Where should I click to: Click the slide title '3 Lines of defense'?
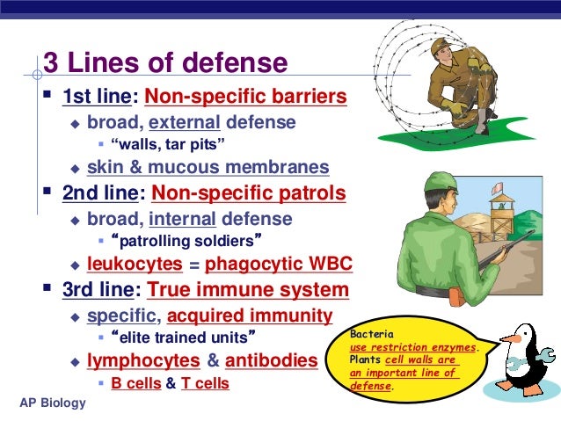click(165, 64)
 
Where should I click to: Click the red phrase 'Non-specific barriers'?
click(245, 96)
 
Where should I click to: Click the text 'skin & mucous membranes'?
click(208, 167)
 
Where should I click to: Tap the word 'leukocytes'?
click(135, 263)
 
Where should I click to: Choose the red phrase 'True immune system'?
click(248, 289)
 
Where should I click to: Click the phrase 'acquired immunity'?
click(250, 316)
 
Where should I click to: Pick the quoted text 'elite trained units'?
click(179, 337)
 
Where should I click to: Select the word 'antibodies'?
click(271, 360)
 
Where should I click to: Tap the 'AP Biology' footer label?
click(53, 403)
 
